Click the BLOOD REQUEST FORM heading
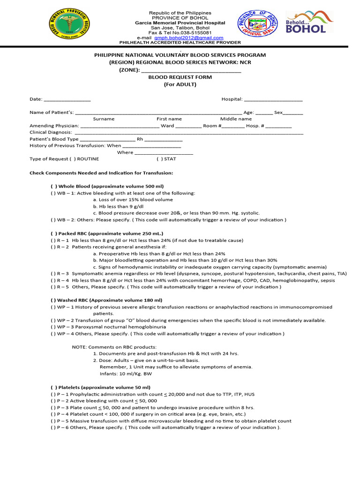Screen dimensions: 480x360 [x=180, y=77]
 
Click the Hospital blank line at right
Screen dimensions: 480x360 [x=273, y=99]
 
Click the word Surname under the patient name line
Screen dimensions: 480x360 [x=104, y=119]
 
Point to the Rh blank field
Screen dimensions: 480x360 [x=164, y=139]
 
